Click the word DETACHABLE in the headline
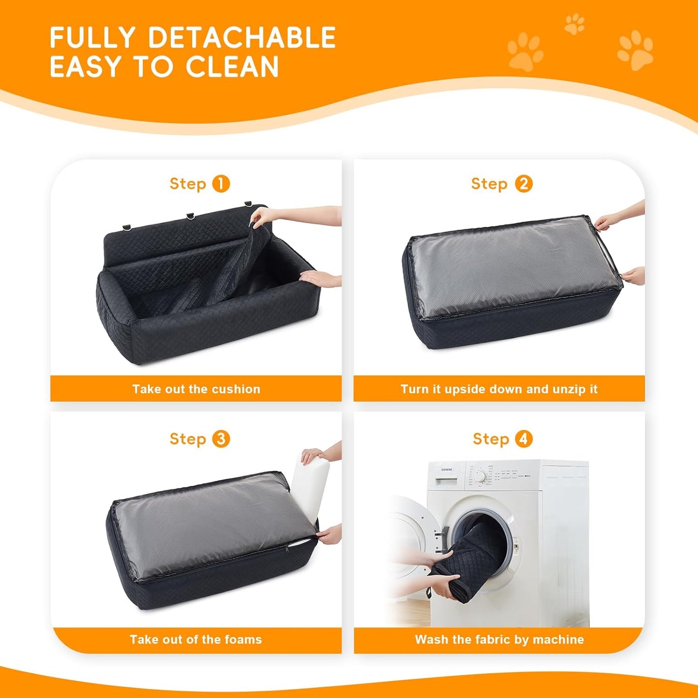pos(242,38)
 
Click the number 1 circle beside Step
pos(221,184)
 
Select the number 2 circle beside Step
pos(524,184)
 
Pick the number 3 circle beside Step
pos(221,439)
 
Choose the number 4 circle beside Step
pos(524,439)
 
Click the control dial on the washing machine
pos(480,476)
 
